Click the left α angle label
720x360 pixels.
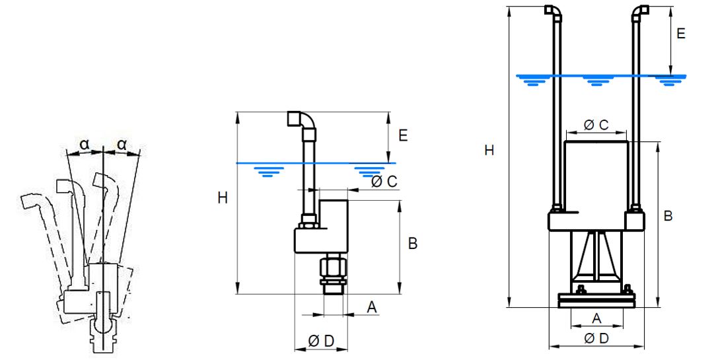point(85,143)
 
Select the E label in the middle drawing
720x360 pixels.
point(403,136)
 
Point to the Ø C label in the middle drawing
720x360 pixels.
point(384,182)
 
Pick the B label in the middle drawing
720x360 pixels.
point(413,244)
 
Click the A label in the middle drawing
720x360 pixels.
point(371,306)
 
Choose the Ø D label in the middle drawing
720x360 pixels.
point(322,341)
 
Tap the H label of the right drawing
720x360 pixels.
point(489,151)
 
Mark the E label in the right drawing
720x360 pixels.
point(681,34)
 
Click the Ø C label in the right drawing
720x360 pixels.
point(596,124)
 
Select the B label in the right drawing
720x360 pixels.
point(668,216)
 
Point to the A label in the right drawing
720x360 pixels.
point(596,318)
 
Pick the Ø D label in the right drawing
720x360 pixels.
point(596,338)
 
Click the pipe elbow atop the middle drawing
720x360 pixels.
point(302,120)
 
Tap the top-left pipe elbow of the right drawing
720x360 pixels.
point(552,11)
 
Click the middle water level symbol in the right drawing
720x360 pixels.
point(598,81)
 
